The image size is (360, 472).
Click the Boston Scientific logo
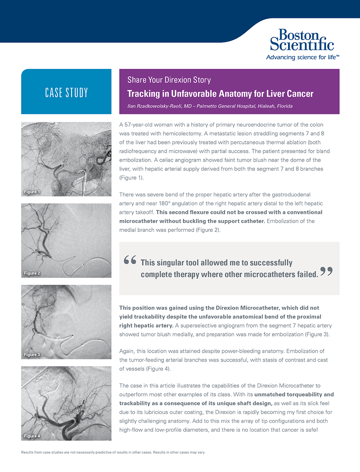click(x=302, y=40)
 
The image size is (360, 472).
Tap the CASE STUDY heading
click(x=66, y=93)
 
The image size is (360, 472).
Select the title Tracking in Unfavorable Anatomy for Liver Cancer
click(x=220, y=94)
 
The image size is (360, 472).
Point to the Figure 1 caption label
click(x=32, y=192)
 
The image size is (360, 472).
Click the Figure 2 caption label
click(x=32, y=273)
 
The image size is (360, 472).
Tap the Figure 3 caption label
click(x=32, y=355)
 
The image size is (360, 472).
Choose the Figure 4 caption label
click(x=32, y=436)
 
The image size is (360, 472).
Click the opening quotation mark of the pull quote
click(x=130, y=261)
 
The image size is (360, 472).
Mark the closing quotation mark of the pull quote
click(x=327, y=272)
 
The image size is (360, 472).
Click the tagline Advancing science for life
click(x=302, y=57)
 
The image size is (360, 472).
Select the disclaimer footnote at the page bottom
click(x=113, y=452)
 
